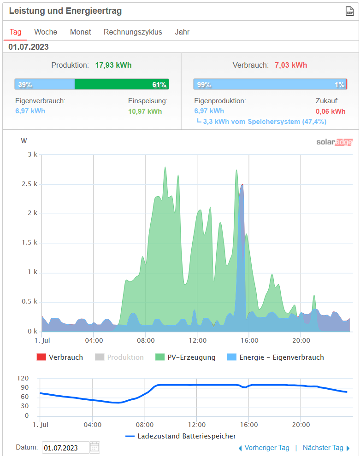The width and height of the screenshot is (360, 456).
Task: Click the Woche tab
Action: (46, 32)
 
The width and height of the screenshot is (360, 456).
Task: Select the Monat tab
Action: (80, 32)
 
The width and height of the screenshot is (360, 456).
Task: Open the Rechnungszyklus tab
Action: (133, 32)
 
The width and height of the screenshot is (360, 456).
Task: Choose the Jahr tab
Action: (182, 32)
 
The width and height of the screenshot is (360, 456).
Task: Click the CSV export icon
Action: (350, 12)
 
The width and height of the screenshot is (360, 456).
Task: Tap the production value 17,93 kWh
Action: (113, 65)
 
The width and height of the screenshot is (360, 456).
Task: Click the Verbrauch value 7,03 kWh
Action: (291, 65)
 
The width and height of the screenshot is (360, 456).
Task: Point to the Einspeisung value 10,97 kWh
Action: (145, 111)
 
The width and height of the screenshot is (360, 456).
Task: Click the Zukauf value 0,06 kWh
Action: (330, 111)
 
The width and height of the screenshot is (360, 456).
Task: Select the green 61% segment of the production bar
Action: (122, 84)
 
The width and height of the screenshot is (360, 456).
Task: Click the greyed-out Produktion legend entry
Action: (125, 357)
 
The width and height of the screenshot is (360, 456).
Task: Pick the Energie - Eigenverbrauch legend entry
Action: (281, 357)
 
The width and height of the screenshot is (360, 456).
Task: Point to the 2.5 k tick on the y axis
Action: (32, 184)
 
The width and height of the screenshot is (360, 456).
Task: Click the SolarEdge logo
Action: (334, 142)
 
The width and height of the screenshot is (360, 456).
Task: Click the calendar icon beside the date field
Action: (94, 447)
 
